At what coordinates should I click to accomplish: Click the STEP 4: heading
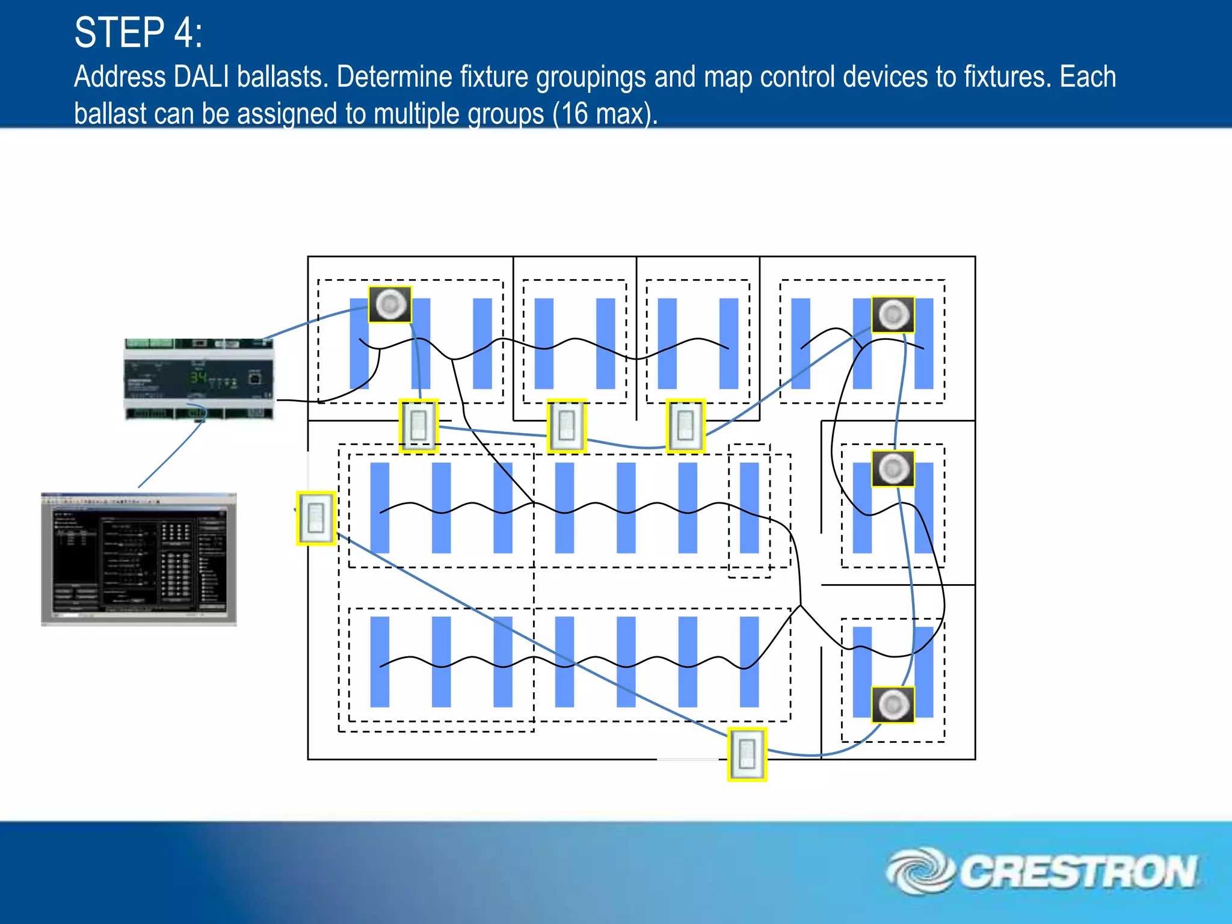[138, 32]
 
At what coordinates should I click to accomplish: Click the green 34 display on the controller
[198, 378]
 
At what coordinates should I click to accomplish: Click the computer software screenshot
[138, 559]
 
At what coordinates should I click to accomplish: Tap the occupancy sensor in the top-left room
[390, 304]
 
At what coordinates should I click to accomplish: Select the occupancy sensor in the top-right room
[893, 314]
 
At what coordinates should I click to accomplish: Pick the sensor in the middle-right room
[893, 469]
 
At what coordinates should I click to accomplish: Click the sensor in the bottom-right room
[893, 704]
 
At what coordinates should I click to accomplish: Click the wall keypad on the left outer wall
[316, 518]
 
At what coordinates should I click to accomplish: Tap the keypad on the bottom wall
[747, 754]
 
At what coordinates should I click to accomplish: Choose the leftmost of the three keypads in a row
[419, 426]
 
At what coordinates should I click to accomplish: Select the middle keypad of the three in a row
[566, 425]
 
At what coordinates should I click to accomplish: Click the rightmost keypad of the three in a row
[685, 425]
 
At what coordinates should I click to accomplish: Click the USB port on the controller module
[255, 378]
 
